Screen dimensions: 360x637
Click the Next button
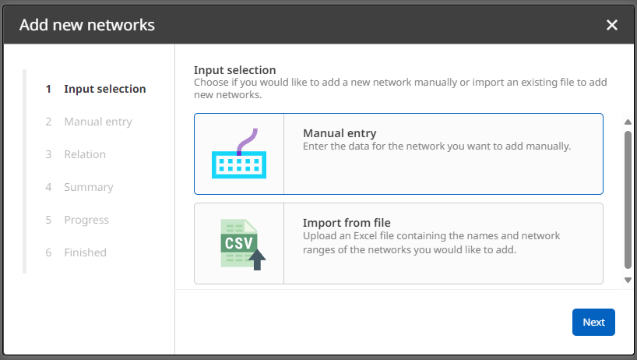[x=593, y=323]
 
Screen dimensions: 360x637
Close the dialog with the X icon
[x=612, y=25]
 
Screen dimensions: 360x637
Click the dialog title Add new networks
[x=86, y=25]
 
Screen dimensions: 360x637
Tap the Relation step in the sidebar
[x=84, y=154]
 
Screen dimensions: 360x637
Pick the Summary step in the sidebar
[x=88, y=187]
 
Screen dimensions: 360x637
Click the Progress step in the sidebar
[x=86, y=220]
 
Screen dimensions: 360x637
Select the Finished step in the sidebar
[x=85, y=252]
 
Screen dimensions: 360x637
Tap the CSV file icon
[x=238, y=243]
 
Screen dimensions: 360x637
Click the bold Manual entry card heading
[x=340, y=133]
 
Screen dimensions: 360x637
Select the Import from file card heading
[x=347, y=223]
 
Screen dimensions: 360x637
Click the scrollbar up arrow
[x=628, y=122]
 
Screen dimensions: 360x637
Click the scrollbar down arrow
[x=628, y=279]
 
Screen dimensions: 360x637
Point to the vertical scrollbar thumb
[x=628, y=199]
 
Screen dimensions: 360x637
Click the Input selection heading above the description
[x=234, y=70]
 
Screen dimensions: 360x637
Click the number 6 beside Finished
[x=48, y=252]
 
